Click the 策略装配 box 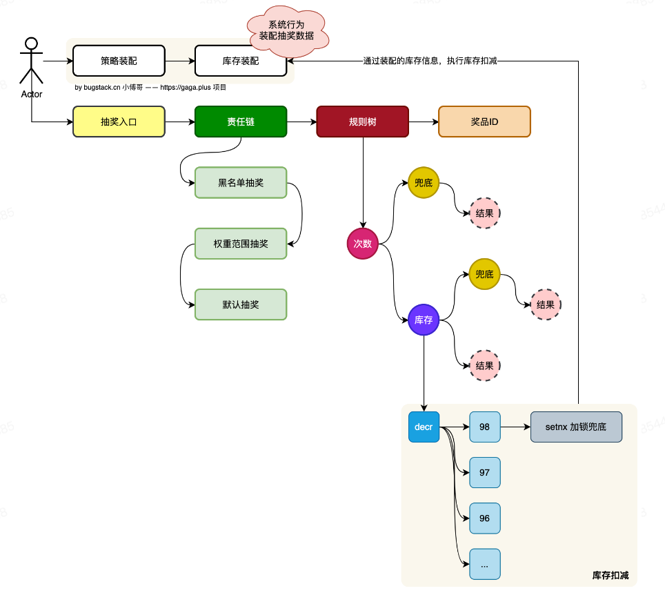coord(119,61)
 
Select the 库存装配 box coord(241,61)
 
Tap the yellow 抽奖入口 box coord(119,121)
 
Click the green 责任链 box coord(241,121)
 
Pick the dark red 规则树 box coord(363,121)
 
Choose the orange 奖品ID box coord(484,121)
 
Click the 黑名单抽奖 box coord(241,182)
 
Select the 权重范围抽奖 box coord(241,244)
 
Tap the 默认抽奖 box coord(241,304)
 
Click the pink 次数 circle coord(363,244)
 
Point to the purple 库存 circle coord(424,320)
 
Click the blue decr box coord(424,427)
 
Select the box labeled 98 coord(485,427)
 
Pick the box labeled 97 coord(485,472)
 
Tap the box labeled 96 coord(485,518)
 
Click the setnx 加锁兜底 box coord(576,427)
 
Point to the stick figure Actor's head coord(31,43)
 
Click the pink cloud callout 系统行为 coord(287,30)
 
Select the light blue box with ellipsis coord(485,564)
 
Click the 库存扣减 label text coord(611,575)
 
